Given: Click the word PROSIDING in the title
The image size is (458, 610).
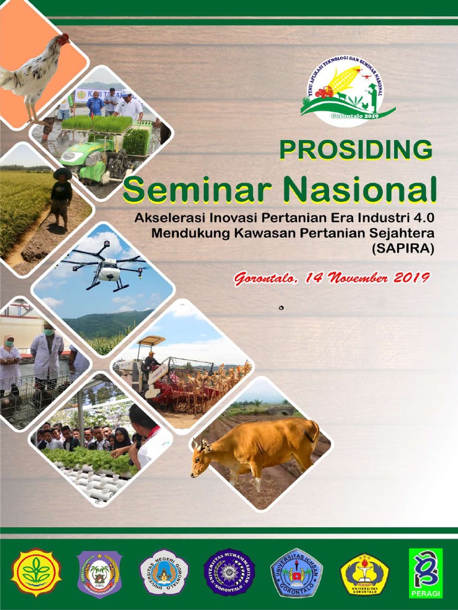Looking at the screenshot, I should (356, 150).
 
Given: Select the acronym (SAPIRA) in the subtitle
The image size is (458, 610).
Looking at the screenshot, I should (403, 248).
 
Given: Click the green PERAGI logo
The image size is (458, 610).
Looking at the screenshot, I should (426, 572).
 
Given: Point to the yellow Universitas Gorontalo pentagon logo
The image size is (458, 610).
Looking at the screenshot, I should (364, 574).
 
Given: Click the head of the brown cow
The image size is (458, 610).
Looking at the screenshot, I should (201, 459).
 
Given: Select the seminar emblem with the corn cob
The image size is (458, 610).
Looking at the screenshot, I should (346, 91).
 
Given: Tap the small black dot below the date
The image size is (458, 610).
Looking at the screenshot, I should (281, 307).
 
